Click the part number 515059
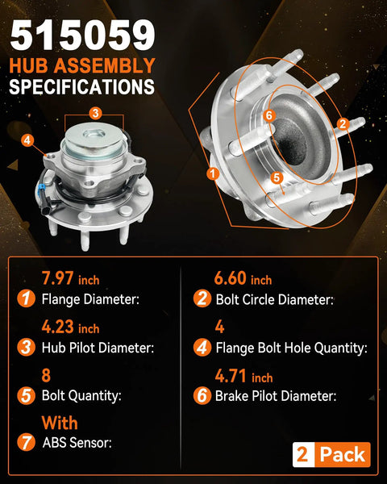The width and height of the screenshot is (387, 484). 82,35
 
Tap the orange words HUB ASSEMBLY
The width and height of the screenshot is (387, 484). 82,66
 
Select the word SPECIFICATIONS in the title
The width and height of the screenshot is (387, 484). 81,87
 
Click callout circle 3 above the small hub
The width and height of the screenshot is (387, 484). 95,113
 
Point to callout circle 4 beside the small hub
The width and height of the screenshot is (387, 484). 27,140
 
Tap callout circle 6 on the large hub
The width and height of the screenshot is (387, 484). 269,115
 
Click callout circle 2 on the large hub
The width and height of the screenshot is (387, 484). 343,123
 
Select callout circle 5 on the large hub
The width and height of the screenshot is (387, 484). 277,177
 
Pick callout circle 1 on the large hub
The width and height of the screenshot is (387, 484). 213,173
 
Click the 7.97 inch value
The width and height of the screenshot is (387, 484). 71,278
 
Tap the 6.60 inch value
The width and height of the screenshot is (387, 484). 243,278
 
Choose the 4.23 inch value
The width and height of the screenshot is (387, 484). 71,327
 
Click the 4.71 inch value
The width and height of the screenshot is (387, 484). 243,376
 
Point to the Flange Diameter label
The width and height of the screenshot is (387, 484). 90,299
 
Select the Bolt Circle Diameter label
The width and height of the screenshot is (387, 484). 274,299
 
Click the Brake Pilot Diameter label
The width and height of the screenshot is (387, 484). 276,396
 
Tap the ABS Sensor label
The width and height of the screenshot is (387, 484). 77,443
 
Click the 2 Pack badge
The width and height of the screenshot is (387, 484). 331,454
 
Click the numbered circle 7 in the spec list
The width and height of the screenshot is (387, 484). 26,442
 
